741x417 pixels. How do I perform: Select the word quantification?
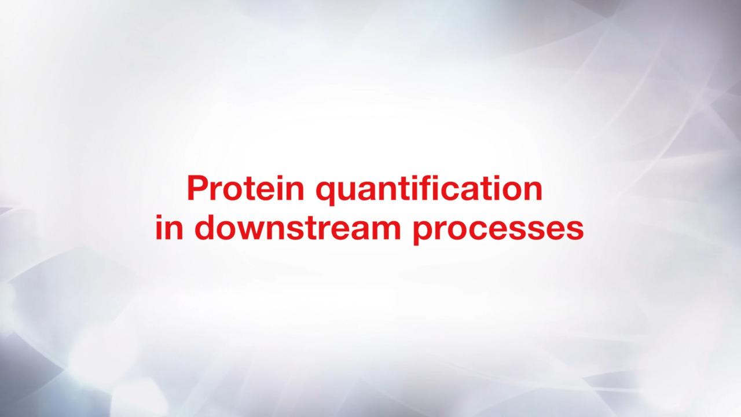tap(429, 191)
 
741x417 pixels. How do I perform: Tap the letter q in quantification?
tap(326, 195)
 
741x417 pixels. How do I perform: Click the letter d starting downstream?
tap(205, 228)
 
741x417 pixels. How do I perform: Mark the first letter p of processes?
tap(424, 233)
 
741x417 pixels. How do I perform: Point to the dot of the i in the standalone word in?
tap(159, 217)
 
